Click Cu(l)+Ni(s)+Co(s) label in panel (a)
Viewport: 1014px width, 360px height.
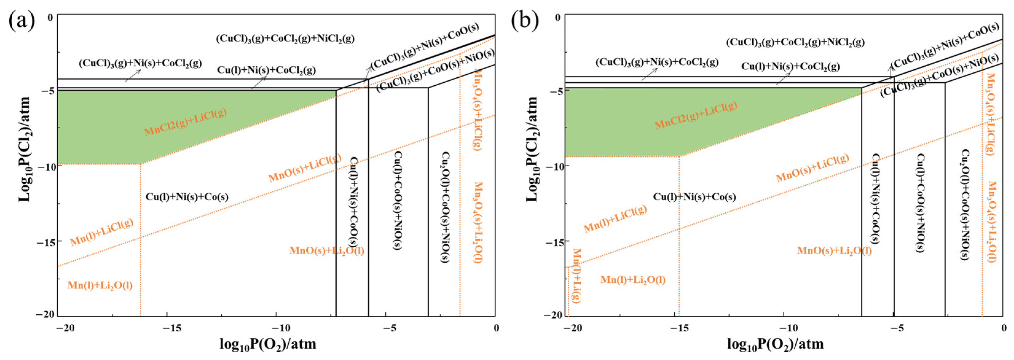point(187,197)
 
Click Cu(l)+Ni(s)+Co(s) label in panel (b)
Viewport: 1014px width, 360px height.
point(694,197)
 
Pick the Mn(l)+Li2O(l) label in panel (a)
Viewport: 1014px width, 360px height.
point(100,285)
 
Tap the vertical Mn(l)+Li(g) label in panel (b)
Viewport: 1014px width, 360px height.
point(577,275)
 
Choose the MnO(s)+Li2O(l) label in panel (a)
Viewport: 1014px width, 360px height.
point(327,251)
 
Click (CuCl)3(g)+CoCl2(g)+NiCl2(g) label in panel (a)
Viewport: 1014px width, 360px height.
point(285,39)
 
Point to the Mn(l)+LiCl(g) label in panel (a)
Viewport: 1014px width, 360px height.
point(102,232)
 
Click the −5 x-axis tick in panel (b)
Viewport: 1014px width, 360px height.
point(898,328)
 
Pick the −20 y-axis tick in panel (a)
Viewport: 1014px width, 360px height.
point(45,314)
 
